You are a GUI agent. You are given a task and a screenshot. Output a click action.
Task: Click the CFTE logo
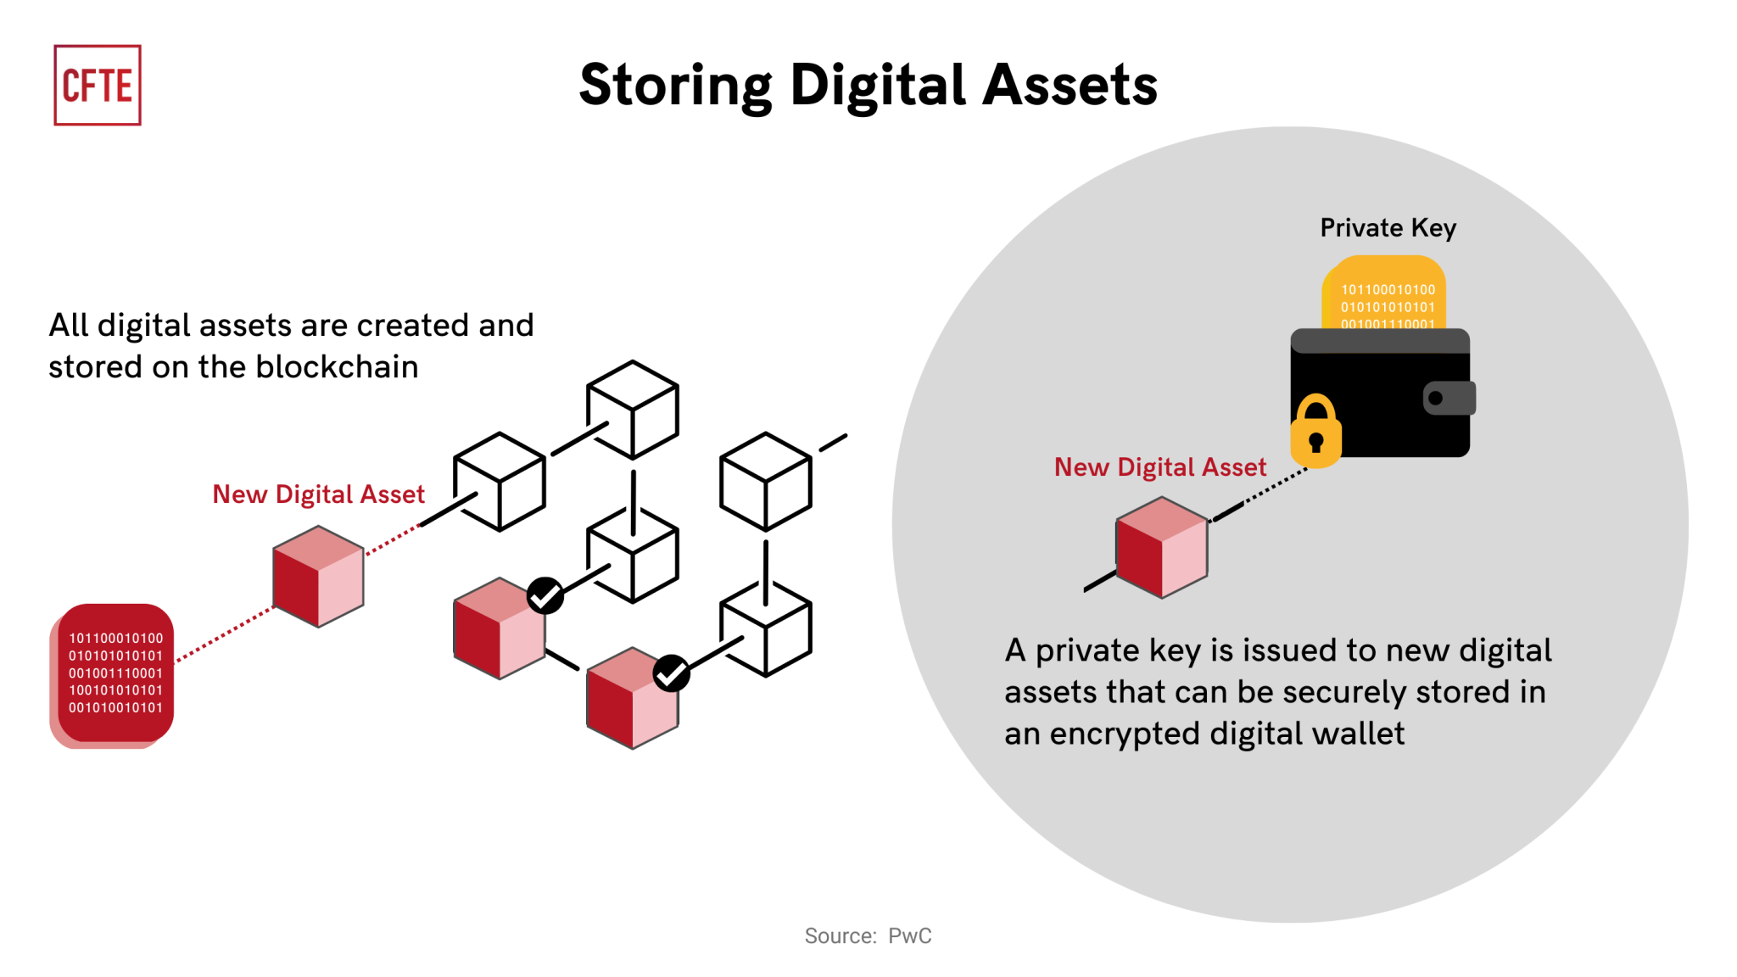pyautogui.click(x=98, y=85)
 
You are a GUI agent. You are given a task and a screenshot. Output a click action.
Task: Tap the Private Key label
pyautogui.click(x=1388, y=227)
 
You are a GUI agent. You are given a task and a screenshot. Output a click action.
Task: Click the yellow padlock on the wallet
pyautogui.click(x=1315, y=432)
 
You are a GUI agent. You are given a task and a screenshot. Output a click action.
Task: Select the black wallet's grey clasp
pyautogui.click(x=1449, y=398)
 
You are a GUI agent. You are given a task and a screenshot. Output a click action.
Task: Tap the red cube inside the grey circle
pyautogui.click(x=1162, y=547)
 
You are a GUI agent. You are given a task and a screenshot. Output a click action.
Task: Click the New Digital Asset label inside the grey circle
pyautogui.click(x=1159, y=467)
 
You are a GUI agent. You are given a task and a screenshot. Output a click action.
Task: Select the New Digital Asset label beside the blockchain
pyautogui.click(x=318, y=494)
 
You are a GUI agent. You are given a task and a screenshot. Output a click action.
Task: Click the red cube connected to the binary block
pyautogui.click(x=318, y=577)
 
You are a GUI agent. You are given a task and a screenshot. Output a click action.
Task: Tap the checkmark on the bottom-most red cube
pyautogui.click(x=671, y=673)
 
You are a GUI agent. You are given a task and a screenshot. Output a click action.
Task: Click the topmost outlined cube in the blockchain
pyautogui.click(x=633, y=410)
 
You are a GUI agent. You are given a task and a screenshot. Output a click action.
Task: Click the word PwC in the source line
pyautogui.click(x=909, y=935)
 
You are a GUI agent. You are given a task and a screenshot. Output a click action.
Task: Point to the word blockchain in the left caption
pyautogui.click(x=337, y=367)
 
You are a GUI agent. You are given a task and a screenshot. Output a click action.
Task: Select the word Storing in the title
pyautogui.click(x=675, y=86)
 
